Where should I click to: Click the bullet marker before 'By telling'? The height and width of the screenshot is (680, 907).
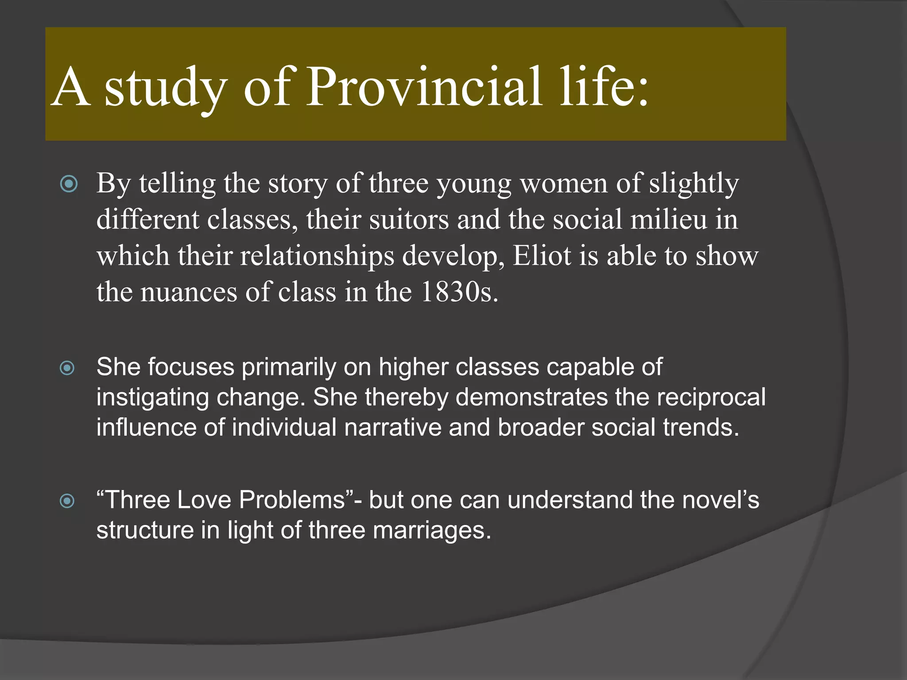pos(69,184)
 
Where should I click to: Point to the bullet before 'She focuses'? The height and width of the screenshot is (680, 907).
pos(67,367)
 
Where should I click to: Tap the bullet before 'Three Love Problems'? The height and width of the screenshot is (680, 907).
pos(67,501)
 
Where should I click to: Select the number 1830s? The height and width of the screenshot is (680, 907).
pos(459,292)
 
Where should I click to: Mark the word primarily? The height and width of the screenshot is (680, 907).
pos(289,367)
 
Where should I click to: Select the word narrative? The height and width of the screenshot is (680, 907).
pos(392,428)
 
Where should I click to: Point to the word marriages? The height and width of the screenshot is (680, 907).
pos(432,531)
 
